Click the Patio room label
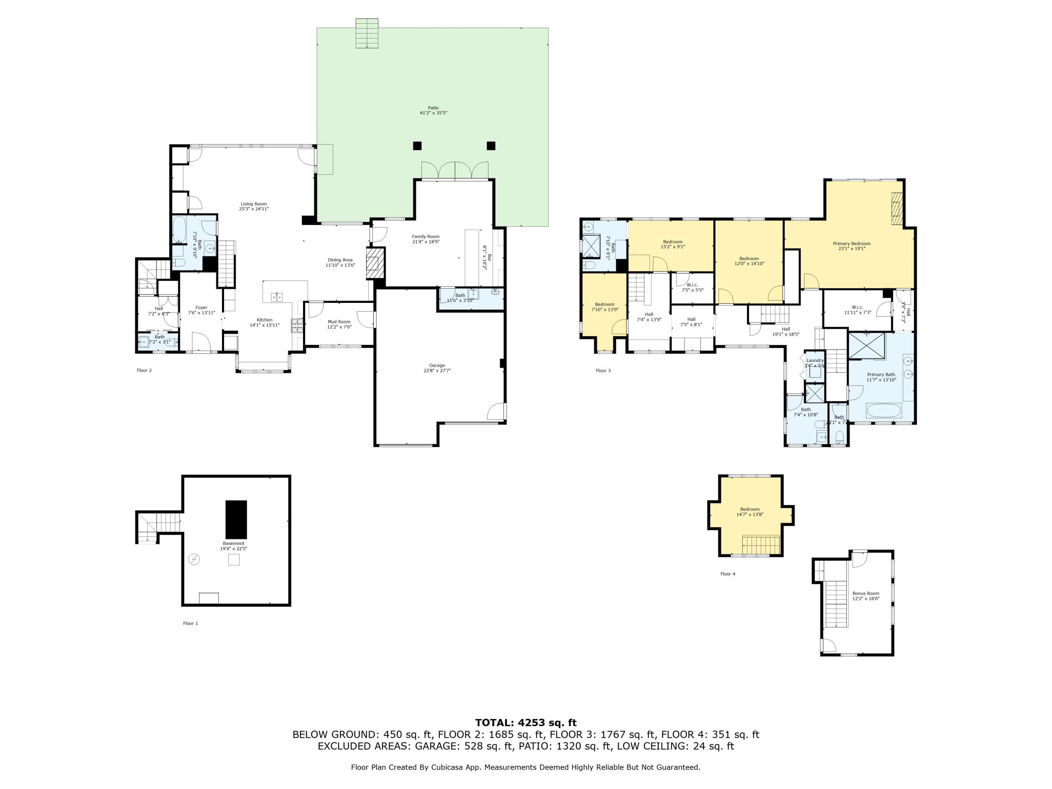(433, 108)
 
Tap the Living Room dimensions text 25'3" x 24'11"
(254, 209)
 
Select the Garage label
(437, 365)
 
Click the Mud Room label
(339, 322)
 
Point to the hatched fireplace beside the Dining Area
(374, 263)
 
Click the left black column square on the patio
(417, 146)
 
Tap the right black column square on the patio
(491, 146)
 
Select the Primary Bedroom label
(851, 243)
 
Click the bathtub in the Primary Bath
(884, 410)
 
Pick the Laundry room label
(815, 360)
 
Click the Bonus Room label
(865, 594)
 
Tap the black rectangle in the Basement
(236, 519)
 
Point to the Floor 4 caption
(728, 574)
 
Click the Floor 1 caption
(190, 623)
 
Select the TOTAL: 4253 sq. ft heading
(526, 723)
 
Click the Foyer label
(201, 308)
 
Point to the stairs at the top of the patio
(367, 33)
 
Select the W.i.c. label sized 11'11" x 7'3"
(857, 307)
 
